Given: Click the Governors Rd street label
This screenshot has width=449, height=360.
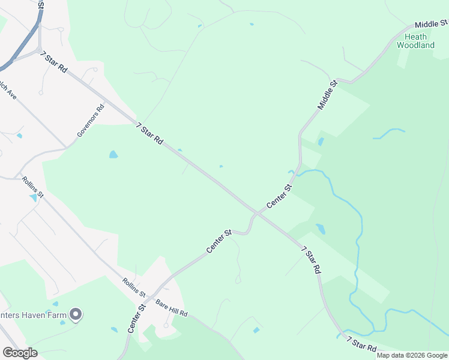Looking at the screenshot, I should [x=91, y=119].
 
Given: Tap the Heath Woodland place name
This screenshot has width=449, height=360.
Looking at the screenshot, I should [x=415, y=41].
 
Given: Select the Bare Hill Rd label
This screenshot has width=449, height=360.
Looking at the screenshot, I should [x=172, y=308].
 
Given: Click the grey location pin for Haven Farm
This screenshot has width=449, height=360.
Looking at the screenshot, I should [x=76, y=314].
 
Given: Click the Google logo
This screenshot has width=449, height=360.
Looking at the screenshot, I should [x=20, y=352].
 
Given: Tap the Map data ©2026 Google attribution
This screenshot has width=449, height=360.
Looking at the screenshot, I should [x=412, y=355].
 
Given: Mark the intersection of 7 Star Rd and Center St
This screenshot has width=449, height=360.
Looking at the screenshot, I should [x=256, y=213].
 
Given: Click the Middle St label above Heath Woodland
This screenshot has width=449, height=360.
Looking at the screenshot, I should [x=432, y=24].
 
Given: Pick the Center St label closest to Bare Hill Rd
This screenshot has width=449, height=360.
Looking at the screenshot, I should [x=136, y=319].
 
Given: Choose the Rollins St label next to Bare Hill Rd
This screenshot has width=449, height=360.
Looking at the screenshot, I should [x=134, y=287].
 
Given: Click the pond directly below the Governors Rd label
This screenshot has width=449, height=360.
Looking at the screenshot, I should [x=113, y=155].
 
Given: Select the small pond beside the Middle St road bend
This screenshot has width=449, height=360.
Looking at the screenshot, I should [x=321, y=142].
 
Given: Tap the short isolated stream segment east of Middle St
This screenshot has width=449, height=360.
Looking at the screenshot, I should [x=389, y=132].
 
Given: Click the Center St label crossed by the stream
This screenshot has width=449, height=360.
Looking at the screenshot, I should [x=279, y=196].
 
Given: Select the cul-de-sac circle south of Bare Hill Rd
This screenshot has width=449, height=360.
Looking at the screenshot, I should [x=166, y=326].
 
